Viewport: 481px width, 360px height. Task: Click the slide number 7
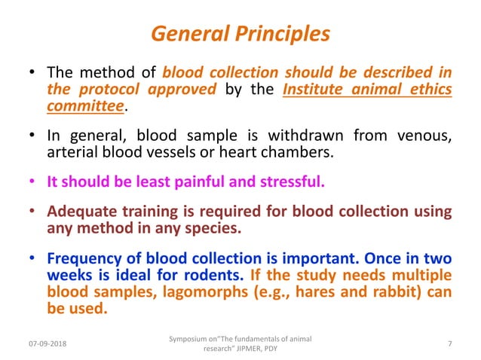pyautogui.click(x=449, y=344)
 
